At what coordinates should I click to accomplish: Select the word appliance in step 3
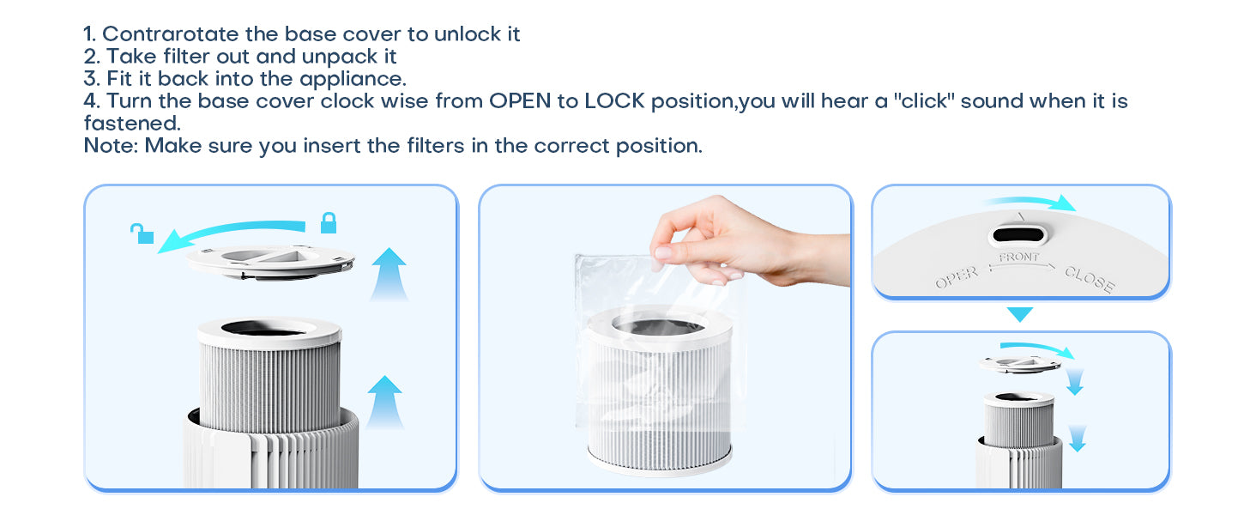coord(353,80)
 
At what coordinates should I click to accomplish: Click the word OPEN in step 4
coord(520,101)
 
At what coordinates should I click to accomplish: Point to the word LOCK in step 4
coord(614,101)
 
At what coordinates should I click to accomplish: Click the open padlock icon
coord(142,233)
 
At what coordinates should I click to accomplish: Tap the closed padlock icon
coord(329,222)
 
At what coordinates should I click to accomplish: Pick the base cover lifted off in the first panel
coord(270,262)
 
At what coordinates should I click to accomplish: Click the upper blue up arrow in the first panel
coord(389,274)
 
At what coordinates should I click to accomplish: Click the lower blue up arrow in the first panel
coord(384,402)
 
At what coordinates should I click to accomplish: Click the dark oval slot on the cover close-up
coord(1017,234)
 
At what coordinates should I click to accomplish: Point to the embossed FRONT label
coord(1019,257)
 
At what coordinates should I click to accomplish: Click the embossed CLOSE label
coord(1090,279)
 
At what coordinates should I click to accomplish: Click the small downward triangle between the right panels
coord(1020,314)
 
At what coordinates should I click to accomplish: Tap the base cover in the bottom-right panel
coord(1020,364)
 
